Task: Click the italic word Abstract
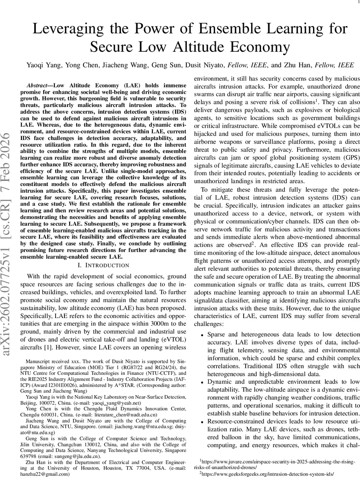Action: (39, 86)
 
